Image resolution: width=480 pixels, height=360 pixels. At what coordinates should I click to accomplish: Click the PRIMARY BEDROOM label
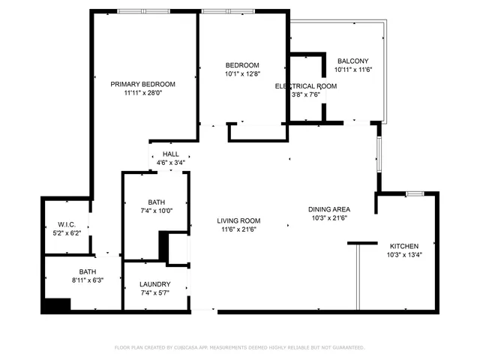(x=142, y=84)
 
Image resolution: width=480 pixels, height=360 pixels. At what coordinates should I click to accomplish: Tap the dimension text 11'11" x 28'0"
(x=142, y=94)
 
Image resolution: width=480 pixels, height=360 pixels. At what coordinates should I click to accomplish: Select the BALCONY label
(x=352, y=61)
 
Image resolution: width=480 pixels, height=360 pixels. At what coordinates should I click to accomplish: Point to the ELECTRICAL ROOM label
(x=305, y=86)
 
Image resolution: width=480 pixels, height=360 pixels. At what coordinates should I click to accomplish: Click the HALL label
(x=171, y=154)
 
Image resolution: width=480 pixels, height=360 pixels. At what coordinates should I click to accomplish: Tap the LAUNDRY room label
(x=155, y=284)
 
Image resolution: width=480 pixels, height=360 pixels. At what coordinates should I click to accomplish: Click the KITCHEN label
(x=403, y=246)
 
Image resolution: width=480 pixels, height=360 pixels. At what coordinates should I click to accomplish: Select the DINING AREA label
(x=329, y=209)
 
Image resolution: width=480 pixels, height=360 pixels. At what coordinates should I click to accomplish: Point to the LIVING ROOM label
(x=238, y=220)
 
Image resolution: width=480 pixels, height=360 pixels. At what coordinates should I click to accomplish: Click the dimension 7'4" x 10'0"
(x=156, y=211)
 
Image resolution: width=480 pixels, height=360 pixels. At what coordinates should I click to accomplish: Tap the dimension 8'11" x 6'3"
(x=88, y=280)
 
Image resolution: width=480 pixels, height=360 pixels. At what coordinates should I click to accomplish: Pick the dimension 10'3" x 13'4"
(x=403, y=255)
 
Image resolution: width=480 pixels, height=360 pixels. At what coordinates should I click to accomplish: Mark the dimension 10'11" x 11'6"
(x=352, y=70)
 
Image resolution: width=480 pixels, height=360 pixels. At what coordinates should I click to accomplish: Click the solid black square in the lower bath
(x=56, y=304)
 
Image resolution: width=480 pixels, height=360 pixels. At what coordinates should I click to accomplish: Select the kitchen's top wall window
(x=415, y=194)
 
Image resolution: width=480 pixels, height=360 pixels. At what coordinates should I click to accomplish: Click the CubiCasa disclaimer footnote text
(x=239, y=347)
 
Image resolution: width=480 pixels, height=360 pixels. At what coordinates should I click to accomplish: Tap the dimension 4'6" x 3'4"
(x=171, y=163)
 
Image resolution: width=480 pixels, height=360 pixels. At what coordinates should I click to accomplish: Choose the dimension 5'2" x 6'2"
(x=67, y=233)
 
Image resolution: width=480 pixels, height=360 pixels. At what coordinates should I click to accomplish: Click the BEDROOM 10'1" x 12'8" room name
(x=242, y=65)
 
